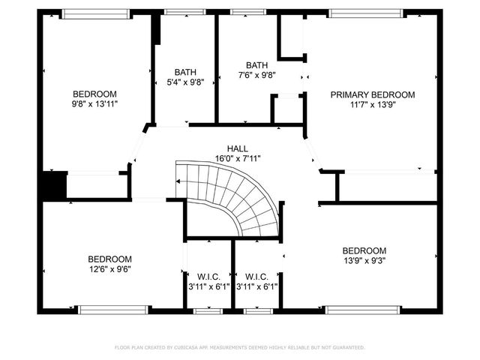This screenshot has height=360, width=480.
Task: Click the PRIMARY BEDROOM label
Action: tap(373, 95)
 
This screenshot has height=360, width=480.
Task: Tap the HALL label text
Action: tap(238, 148)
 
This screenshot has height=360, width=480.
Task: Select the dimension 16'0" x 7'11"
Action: tap(238, 158)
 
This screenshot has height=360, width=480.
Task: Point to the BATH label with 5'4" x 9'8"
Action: tap(185, 72)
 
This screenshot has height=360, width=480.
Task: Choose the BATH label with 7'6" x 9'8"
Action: tap(256, 65)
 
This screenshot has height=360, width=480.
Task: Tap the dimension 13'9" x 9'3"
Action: tap(364, 260)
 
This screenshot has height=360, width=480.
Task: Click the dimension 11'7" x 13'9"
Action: tap(373, 105)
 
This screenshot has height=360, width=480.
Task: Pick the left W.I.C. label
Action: tap(208, 275)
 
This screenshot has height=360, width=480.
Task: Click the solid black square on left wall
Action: tap(53, 186)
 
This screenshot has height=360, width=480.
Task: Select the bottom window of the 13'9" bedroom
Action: tap(361, 308)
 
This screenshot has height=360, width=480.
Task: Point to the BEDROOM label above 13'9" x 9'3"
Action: tap(364, 250)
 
